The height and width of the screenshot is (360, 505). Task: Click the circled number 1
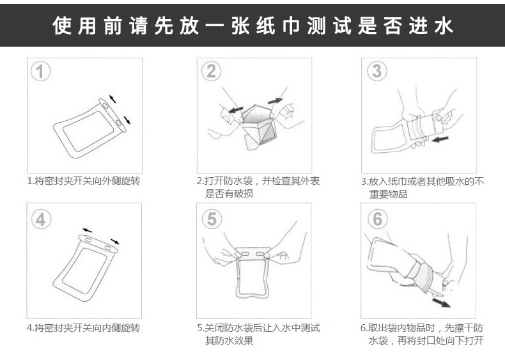40,71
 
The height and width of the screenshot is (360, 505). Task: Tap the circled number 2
212,71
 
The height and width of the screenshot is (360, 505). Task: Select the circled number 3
377,70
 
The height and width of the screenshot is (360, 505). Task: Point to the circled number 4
41,219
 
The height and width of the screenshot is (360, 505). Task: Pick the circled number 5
212,219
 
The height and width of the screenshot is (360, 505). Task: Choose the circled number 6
377,219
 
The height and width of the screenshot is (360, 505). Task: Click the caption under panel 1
84,181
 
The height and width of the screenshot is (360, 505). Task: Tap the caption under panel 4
84,328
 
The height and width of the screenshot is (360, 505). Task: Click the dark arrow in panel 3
440,139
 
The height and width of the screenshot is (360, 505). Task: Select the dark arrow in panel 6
441,302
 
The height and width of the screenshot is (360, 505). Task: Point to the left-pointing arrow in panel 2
236,110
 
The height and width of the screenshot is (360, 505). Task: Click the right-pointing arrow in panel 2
275,101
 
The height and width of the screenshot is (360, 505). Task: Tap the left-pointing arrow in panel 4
87,230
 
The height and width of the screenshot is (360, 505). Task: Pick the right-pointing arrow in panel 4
115,242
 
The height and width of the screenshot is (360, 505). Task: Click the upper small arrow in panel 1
112,98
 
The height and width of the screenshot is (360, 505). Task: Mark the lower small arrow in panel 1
127,120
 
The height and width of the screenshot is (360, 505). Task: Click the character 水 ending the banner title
444,26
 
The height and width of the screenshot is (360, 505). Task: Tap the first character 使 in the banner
62,26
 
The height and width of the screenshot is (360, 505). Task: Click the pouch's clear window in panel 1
88,131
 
